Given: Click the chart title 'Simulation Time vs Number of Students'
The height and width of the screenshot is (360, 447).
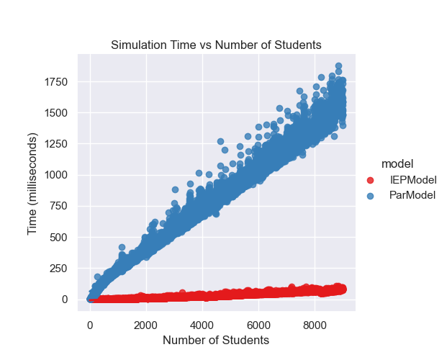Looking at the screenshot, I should pyautogui.click(x=216, y=45).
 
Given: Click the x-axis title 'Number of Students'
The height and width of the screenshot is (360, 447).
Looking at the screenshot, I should pyautogui.click(x=216, y=340).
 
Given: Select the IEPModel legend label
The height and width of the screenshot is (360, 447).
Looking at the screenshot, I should pyautogui.click(x=413, y=179).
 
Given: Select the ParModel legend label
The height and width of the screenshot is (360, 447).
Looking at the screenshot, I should pyautogui.click(x=412, y=195).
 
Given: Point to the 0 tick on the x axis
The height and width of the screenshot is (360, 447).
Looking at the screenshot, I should pyautogui.click(x=90, y=325).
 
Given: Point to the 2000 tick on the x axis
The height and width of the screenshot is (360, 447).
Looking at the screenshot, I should pyautogui.click(x=146, y=325).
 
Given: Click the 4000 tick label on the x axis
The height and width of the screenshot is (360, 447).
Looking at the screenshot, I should pyautogui.click(x=202, y=325).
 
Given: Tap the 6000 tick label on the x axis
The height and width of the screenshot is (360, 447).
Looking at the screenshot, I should pyautogui.click(x=258, y=325).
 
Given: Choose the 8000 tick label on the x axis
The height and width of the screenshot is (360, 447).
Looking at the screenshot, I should pyautogui.click(x=315, y=325).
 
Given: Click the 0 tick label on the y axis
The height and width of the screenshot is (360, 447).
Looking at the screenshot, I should pyautogui.click(x=65, y=300).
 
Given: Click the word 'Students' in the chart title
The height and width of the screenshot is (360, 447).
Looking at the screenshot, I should pyautogui.click(x=299, y=45).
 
